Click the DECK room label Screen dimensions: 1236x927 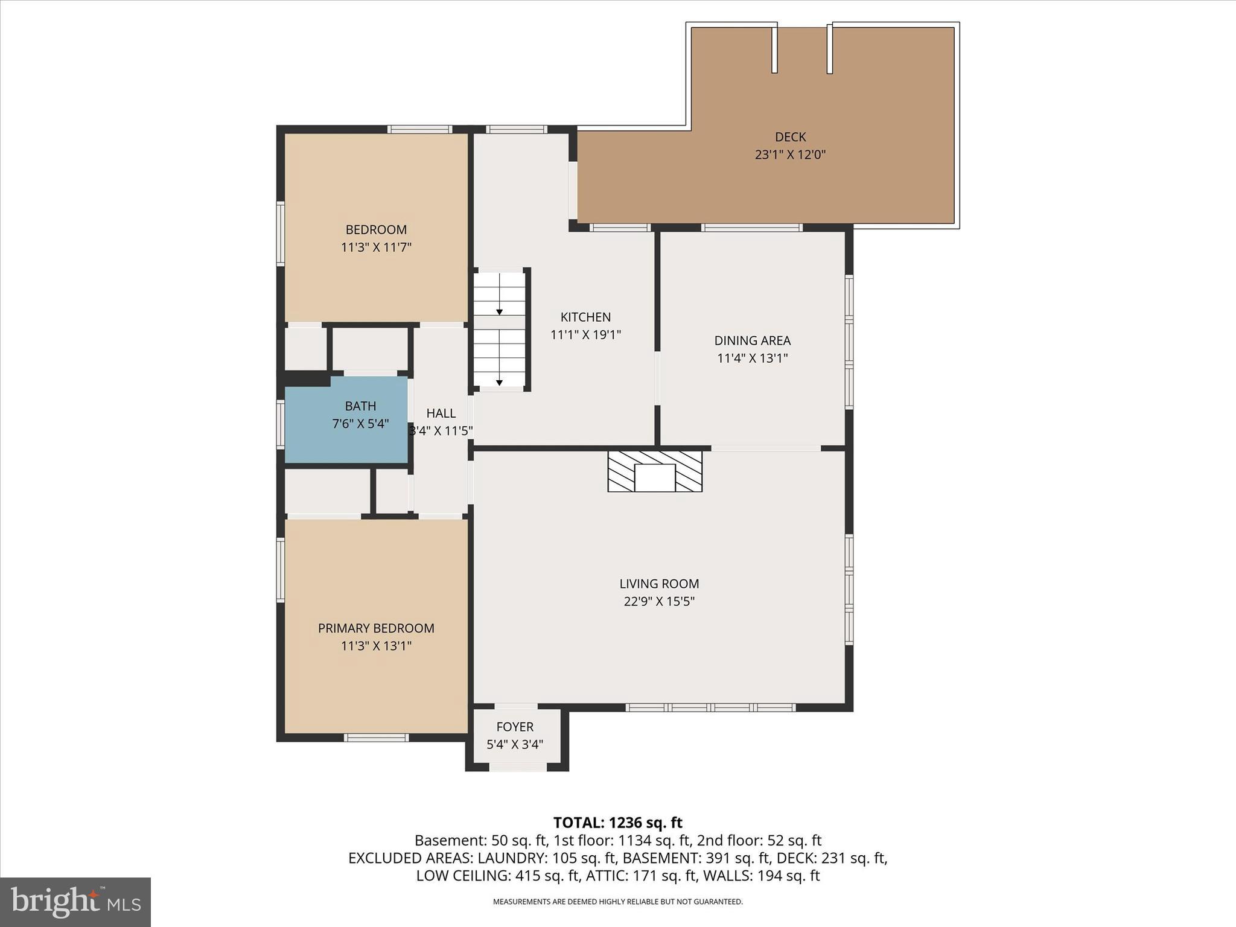790,137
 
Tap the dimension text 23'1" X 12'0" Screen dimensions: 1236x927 790,154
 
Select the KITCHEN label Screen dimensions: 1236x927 585,317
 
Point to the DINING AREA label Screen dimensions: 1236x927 752,340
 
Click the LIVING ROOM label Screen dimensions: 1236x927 659,584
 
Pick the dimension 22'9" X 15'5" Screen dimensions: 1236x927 659,602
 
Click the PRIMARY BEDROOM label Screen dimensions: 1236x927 376,628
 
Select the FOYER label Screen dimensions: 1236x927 515,727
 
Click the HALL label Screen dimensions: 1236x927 441,413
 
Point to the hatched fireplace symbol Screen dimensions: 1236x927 655,471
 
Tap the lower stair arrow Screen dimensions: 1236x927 500,382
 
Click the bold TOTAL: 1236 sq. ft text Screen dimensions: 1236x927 617,823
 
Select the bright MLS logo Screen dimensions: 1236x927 75,902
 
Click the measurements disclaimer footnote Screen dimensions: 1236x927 617,902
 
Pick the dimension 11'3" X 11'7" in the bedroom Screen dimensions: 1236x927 376,247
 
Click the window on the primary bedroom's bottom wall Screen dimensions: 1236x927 376,737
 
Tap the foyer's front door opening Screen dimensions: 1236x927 517,767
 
